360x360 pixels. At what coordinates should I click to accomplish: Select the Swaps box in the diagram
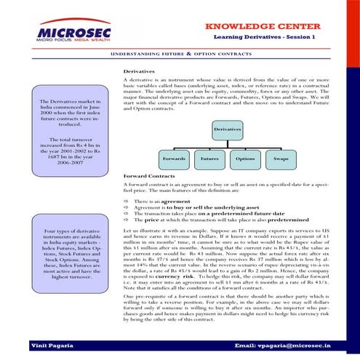tap(280, 158)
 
